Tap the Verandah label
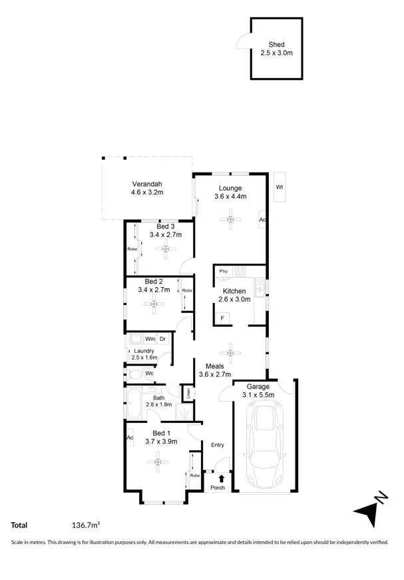click(146, 184)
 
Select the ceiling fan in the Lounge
click(230, 219)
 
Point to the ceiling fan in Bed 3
click(165, 250)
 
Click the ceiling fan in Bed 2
click(154, 306)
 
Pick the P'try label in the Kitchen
click(223, 272)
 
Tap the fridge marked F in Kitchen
click(222, 318)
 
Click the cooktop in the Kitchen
click(240, 272)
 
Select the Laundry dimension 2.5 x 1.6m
click(144, 358)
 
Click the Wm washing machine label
click(150, 340)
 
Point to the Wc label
click(149, 374)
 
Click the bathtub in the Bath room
click(131, 406)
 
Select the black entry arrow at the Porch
click(221, 477)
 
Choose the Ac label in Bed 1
click(130, 437)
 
